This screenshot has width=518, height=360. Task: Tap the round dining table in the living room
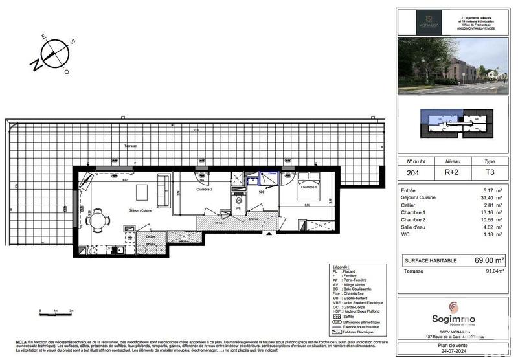point(98,220)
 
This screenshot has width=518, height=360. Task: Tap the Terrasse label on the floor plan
point(117,147)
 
